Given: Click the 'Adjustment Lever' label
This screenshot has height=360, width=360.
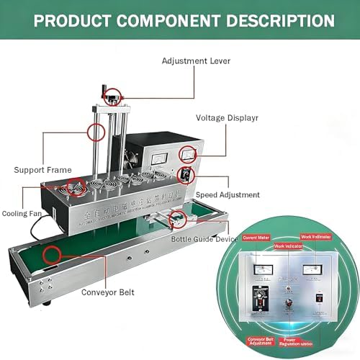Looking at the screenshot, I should click(x=197, y=61).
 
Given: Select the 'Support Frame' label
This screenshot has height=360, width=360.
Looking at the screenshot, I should click(x=42, y=170).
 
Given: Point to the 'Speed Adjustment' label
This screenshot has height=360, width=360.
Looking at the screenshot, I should click(x=228, y=195).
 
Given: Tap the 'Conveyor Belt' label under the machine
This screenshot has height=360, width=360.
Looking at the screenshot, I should click(x=107, y=292).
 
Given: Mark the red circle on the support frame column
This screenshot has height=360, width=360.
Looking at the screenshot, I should click(x=95, y=132).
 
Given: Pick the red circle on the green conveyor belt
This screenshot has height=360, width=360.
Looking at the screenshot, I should click(x=51, y=254).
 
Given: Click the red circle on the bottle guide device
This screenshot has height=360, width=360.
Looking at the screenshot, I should click(x=175, y=219).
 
